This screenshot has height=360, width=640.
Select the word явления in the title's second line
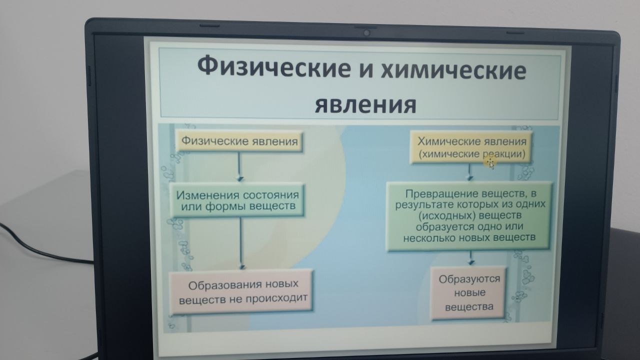365,105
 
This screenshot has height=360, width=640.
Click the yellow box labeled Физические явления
239,141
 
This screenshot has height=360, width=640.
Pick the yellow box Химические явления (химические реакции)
471,147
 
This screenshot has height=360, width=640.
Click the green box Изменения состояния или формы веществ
237,200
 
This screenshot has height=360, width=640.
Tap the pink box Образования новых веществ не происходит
241,291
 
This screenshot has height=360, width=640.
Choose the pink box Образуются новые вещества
468,293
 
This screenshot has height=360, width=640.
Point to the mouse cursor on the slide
490,163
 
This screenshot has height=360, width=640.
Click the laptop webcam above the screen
367,33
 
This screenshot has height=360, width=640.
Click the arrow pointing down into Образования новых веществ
241,243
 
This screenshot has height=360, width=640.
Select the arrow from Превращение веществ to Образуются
471,257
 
